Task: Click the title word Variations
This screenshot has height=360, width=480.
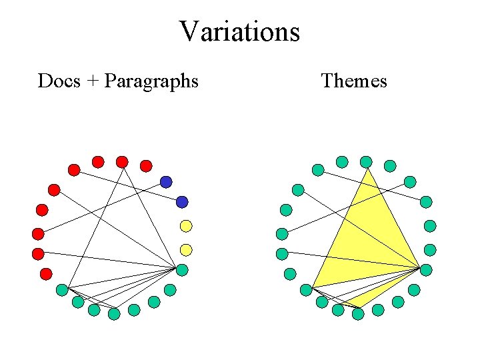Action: coord(239,31)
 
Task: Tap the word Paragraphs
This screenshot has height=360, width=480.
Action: coord(152,81)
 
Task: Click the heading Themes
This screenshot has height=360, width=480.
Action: coord(353,81)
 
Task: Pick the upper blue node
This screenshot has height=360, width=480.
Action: coord(166,181)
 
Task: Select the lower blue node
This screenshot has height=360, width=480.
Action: coord(182,201)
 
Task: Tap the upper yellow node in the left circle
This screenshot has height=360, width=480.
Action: coord(187,225)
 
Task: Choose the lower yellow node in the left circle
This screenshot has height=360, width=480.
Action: coord(187,249)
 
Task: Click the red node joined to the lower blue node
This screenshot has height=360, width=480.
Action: coord(74,170)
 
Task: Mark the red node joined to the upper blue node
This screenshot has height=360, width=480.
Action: coord(38,234)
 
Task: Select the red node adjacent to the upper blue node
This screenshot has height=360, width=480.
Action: coord(146,165)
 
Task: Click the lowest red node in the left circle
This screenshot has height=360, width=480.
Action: coord(46,273)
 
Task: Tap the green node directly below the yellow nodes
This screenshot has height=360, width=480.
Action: coord(182,270)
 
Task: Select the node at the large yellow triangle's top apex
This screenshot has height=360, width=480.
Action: coord(366,162)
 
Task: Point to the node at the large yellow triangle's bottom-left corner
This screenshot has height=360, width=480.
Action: coord(306,290)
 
